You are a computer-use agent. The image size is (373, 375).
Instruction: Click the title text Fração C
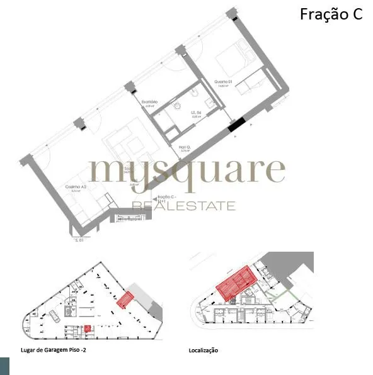tap(331, 14)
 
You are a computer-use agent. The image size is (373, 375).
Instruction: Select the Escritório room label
tap(149, 103)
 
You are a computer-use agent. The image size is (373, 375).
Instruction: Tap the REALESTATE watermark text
tap(183, 206)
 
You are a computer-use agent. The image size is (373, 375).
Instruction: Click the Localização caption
tap(203, 350)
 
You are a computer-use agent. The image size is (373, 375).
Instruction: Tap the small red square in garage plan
tap(88, 328)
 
